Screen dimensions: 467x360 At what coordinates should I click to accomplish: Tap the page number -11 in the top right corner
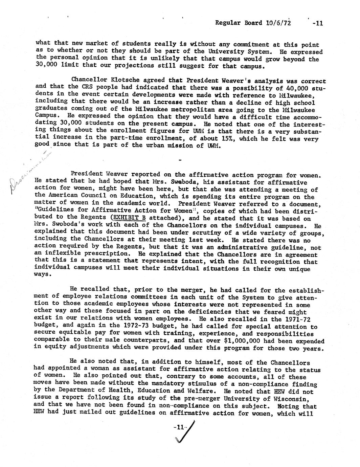[x=318, y=23]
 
